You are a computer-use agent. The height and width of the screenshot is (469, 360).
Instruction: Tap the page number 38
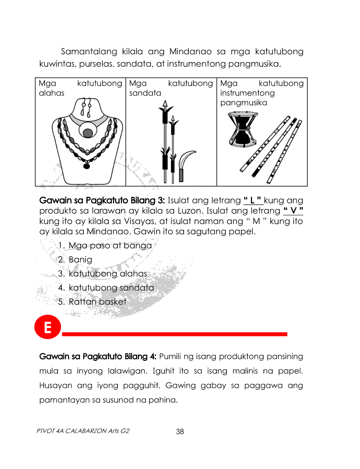pyautogui.click(x=180, y=432)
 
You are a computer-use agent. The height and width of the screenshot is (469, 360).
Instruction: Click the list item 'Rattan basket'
pyautogui.click(x=97, y=301)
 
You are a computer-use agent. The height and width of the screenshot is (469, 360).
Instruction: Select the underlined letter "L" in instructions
pyautogui.click(x=253, y=200)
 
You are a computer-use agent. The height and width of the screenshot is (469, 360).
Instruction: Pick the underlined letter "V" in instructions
pyautogui.click(x=293, y=211)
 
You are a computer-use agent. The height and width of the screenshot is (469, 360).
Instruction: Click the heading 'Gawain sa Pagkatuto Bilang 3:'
pyautogui.click(x=102, y=200)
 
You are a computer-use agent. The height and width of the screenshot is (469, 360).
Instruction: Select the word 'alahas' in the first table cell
pyautogui.click(x=51, y=93)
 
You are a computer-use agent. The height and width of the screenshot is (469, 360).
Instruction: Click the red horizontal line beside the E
pyautogui.click(x=175, y=334)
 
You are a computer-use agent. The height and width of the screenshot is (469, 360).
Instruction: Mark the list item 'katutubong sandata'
pyautogui.click(x=111, y=288)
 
